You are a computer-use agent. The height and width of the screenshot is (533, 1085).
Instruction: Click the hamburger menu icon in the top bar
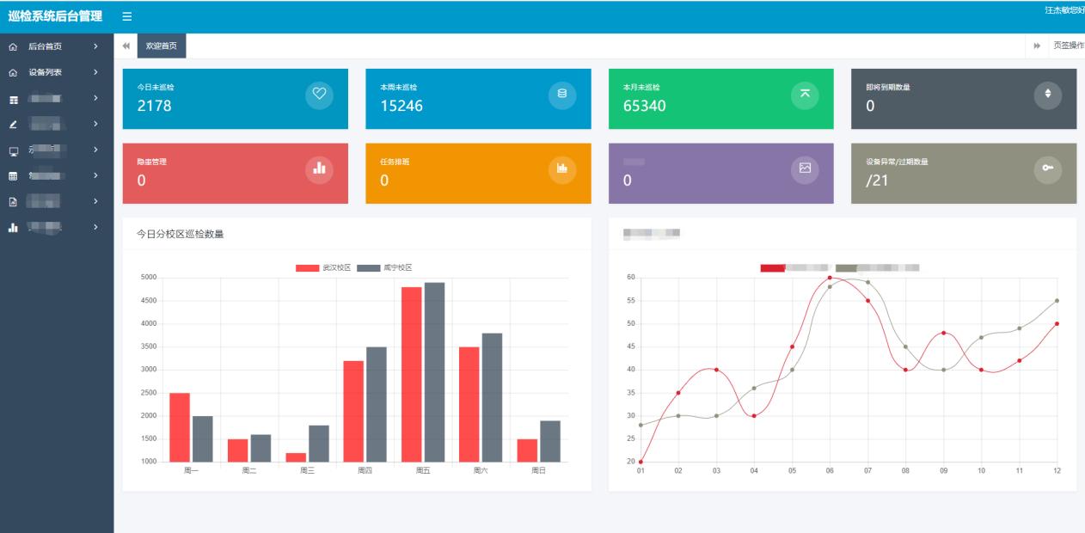tap(127, 17)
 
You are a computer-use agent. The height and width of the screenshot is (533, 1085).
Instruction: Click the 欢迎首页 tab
tap(162, 46)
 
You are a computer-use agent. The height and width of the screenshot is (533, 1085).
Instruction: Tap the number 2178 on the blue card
tap(154, 106)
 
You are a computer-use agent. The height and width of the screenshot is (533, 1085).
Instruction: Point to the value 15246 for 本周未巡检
tap(401, 106)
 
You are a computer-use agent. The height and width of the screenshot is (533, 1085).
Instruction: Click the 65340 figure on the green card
tap(644, 106)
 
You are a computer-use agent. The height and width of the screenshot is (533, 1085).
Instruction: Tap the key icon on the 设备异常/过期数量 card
tap(1047, 168)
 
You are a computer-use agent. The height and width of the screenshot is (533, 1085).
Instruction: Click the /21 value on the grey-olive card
tap(877, 181)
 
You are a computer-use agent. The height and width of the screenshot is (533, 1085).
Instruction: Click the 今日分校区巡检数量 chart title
tap(180, 234)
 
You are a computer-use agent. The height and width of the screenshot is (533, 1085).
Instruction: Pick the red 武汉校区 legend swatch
tap(307, 268)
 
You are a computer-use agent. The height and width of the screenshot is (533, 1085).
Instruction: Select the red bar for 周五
tap(412, 374)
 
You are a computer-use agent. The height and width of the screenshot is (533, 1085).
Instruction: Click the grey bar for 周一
tap(202, 438)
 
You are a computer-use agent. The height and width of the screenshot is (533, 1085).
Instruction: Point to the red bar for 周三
tap(296, 457)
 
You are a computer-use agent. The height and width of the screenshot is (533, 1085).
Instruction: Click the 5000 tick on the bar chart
tap(149, 278)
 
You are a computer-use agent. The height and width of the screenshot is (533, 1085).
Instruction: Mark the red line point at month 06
tap(830, 278)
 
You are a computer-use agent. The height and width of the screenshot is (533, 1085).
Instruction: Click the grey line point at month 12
tap(1057, 301)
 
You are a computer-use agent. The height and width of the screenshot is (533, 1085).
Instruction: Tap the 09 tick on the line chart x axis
tap(943, 471)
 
